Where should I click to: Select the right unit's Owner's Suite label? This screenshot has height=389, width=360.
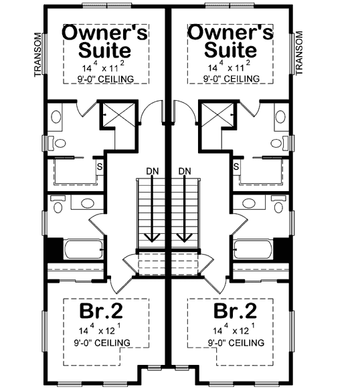pos(230,41)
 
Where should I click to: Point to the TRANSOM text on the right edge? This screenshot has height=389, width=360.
pos(299,53)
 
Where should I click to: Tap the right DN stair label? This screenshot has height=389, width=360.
pos(186,171)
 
